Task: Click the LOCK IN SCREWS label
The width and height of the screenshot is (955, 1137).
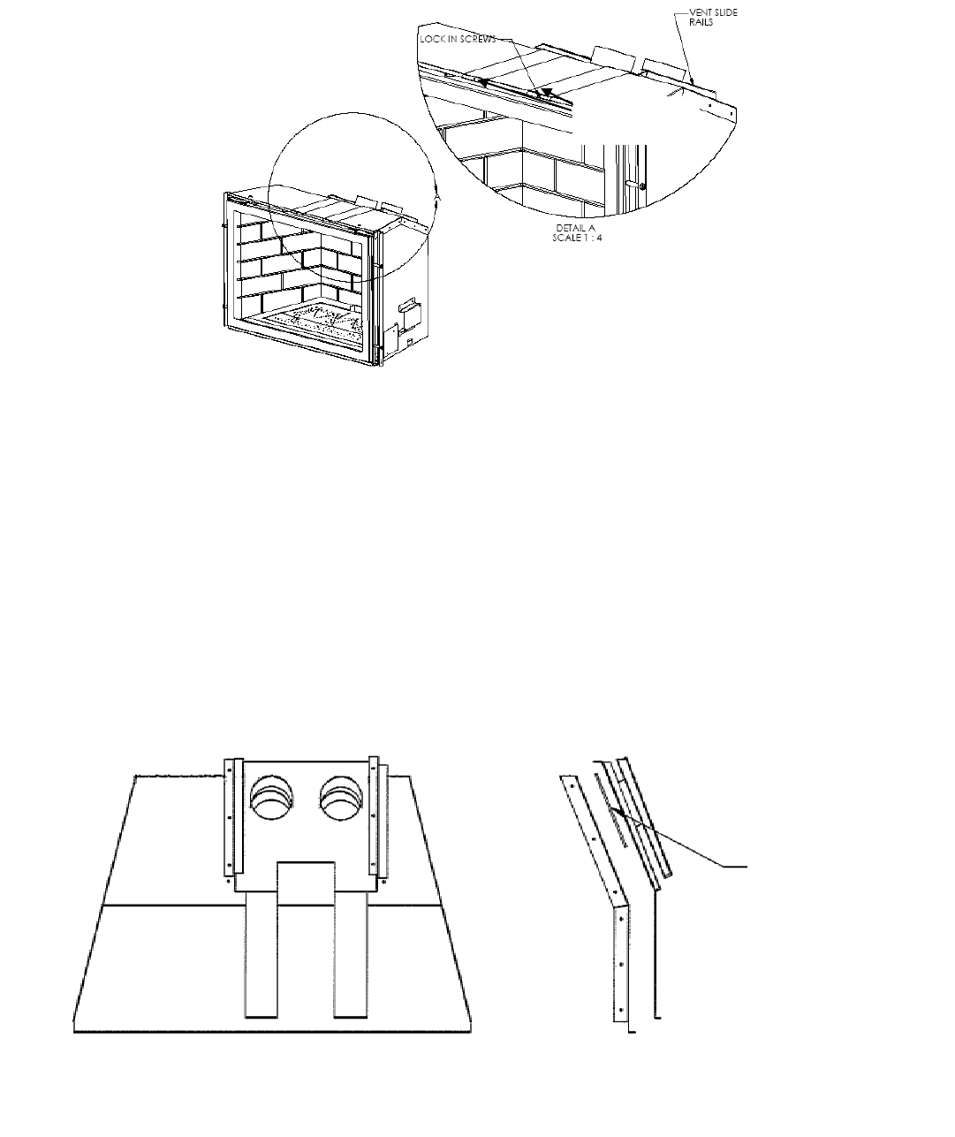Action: (458, 40)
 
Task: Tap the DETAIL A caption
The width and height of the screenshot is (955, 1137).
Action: (575, 228)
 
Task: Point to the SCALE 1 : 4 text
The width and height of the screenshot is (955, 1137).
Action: (577, 237)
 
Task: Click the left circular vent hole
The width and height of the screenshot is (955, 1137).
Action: (271, 800)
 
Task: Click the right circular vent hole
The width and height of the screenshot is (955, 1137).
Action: (341, 800)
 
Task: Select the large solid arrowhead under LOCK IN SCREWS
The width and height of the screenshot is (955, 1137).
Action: (547, 93)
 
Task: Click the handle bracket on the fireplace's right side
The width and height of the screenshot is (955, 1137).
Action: (407, 309)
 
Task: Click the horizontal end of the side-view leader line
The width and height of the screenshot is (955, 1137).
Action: (738, 868)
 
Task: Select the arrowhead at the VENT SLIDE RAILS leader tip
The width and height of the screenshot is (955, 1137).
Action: (692, 81)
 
